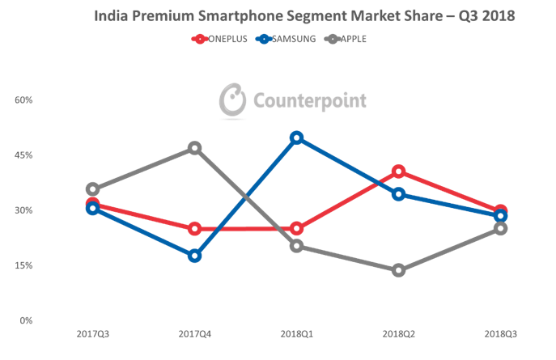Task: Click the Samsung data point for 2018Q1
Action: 297,138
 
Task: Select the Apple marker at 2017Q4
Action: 195,147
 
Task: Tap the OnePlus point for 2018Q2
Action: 399,171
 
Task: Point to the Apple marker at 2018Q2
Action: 399,270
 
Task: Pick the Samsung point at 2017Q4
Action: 195,256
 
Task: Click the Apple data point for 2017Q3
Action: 92,188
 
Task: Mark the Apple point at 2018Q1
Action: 297,245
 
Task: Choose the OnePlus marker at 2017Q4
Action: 195,229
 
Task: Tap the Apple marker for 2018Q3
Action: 501,228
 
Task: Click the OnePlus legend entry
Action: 219,38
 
